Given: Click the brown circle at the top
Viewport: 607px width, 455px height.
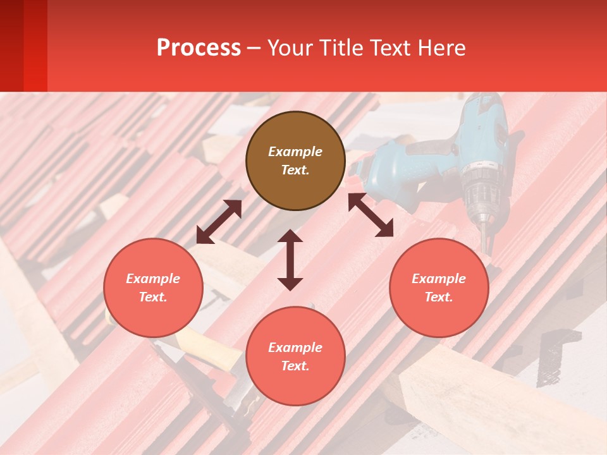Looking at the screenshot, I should [x=295, y=161].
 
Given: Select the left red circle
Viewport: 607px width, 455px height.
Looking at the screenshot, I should [x=153, y=288].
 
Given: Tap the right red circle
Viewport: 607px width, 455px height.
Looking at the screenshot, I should [x=439, y=288].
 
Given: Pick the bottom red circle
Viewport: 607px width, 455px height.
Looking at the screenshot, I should [x=295, y=356].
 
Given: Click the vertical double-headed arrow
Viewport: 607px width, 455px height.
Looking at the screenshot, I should [x=290, y=260].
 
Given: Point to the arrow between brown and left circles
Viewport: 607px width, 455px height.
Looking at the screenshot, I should [x=219, y=222].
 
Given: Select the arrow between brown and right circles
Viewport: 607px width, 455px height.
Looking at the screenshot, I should [x=371, y=215].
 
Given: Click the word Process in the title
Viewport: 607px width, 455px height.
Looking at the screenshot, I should [x=199, y=47].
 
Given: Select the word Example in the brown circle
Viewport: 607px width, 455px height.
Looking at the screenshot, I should [x=295, y=152].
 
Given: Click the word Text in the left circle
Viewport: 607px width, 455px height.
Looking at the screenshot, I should [x=152, y=297].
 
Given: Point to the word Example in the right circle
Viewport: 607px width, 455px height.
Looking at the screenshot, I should [x=439, y=279].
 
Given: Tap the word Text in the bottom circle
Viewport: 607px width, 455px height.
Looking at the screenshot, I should [x=294, y=366].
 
